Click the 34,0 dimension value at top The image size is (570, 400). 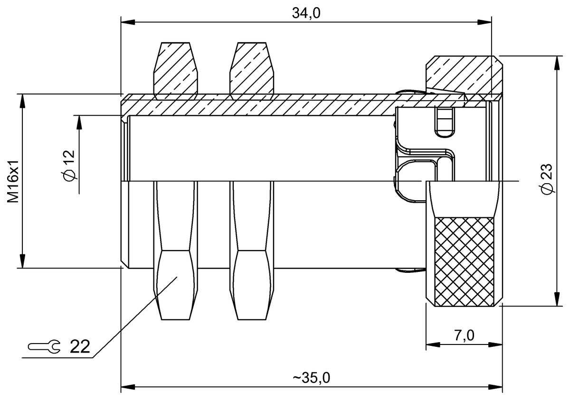pos(306,13)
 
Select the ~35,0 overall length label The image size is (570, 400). pos(311,378)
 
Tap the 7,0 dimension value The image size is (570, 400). pos(465,335)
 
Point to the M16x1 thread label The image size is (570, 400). pos(13,181)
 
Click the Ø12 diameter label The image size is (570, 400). pos(68,166)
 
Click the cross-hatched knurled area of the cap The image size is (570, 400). pos(465,262)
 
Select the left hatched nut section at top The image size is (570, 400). pos(175,70)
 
